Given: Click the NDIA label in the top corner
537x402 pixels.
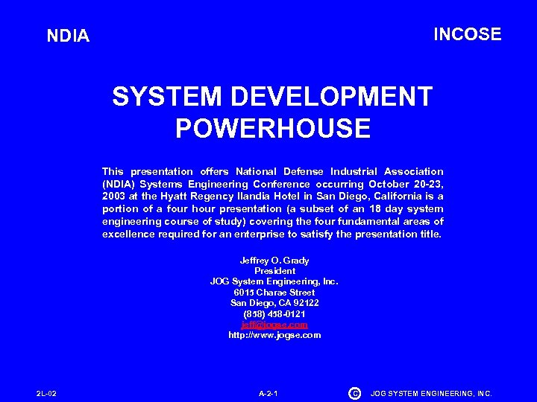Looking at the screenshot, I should [68, 36].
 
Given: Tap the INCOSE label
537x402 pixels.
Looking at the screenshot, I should [468, 34].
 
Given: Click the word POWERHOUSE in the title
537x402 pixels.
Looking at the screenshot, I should [273, 129].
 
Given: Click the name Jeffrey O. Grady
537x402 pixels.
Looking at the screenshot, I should [274, 261].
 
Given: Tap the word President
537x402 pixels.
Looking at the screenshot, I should [274, 271].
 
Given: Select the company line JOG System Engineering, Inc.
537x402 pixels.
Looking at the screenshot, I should [274, 281].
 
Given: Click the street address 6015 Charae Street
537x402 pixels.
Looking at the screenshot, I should [274, 293].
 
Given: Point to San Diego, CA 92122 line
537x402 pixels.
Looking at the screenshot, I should [274, 303].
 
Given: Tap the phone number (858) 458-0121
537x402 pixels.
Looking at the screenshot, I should [274, 314].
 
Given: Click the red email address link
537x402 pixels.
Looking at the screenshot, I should [274, 325].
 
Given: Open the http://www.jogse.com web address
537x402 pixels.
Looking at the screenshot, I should [274, 335].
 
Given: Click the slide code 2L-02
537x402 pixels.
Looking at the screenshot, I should [46, 393].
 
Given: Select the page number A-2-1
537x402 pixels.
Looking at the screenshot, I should [268, 393].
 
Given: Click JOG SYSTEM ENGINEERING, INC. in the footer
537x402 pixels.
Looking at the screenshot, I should [432, 393].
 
